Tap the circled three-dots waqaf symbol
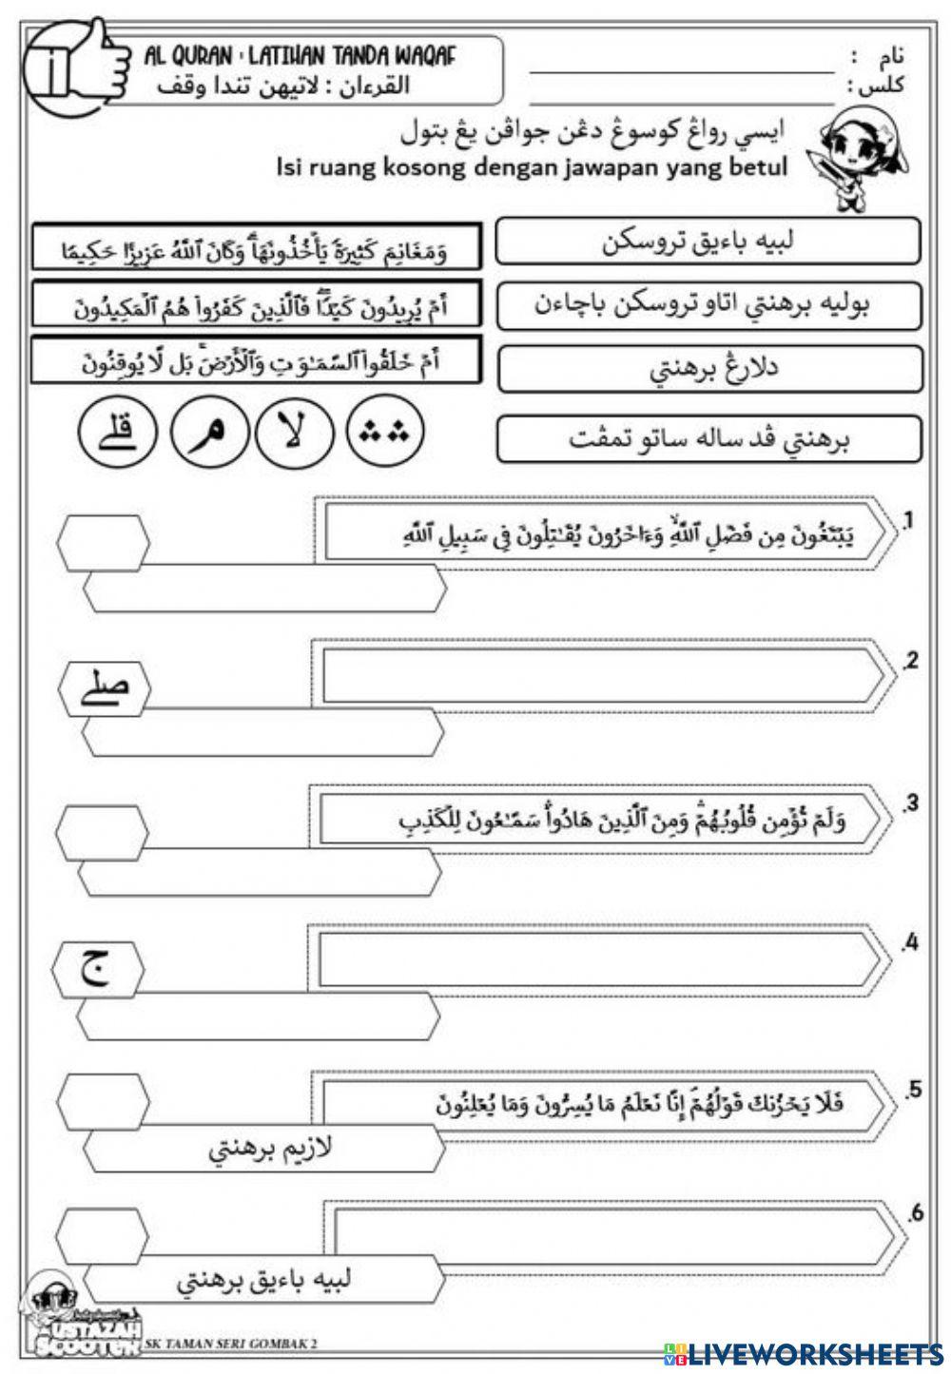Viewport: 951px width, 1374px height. tap(385, 435)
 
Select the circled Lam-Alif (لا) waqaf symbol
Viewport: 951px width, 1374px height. tap(292, 435)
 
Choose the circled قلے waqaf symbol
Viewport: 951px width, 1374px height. tap(118, 435)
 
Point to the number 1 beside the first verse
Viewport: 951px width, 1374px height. tap(908, 520)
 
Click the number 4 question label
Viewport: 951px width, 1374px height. tap(911, 943)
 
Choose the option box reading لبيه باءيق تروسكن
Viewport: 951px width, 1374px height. tap(708, 242)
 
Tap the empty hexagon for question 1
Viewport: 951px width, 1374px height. tap(103, 547)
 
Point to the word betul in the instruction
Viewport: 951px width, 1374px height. tap(753, 167)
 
